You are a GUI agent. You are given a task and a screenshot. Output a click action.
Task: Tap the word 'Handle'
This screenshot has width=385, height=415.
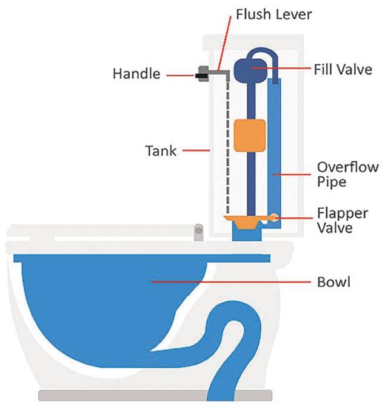click(x=137, y=74)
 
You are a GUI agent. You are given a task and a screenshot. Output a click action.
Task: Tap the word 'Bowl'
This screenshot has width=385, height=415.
click(x=333, y=282)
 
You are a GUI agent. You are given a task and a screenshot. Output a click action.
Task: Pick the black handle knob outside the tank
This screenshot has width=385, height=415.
click(x=199, y=75)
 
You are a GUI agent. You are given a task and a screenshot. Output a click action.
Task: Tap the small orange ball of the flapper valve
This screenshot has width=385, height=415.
click(x=276, y=217)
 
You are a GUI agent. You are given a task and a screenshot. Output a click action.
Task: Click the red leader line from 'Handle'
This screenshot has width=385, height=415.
click(x=179, y=75)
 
